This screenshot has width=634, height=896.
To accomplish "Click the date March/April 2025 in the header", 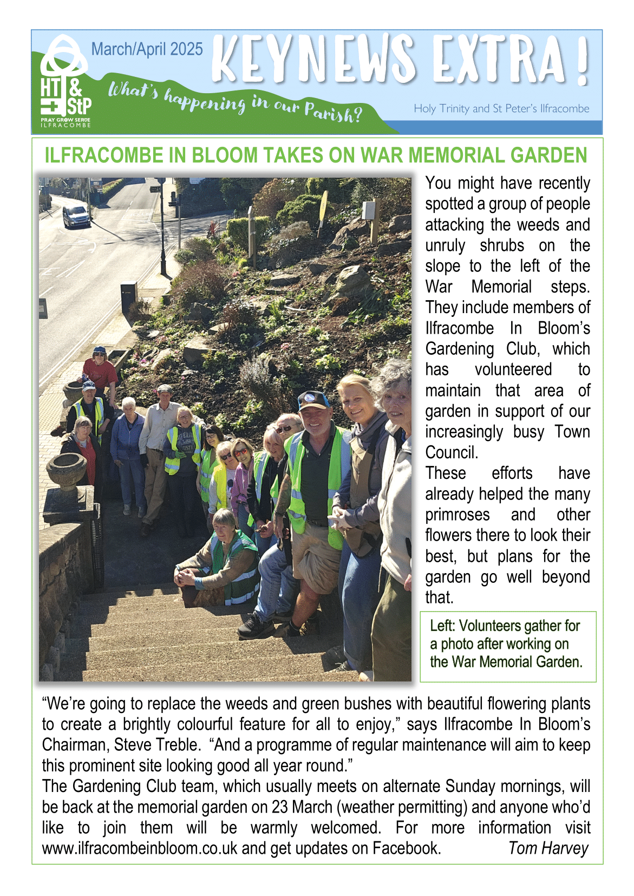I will pyautogui.click(x=147, y=49).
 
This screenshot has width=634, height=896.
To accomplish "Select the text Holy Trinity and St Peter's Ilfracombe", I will pyautogui.click(x=501, y=108).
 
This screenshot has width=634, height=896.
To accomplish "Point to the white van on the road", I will pyautogui.click(x=76, y=216).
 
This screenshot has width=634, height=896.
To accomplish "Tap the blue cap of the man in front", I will pyautogui.click(x=313, y=400).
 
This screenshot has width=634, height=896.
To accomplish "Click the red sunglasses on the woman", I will pyautogui.click(x=240, y=452).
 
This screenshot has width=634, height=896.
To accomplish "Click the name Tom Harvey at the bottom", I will pyautogui.click(x=548, y=848).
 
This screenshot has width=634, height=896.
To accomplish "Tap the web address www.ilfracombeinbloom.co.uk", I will pyautogui.click(x=140, y=848).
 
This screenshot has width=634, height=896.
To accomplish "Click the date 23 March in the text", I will pyautogui.click(x=302, y=807).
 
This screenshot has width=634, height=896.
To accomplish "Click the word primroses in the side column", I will pyautogui.click(x=457, y=515).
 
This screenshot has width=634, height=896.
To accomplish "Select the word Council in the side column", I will pyautogui.click(x=451, y=452).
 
